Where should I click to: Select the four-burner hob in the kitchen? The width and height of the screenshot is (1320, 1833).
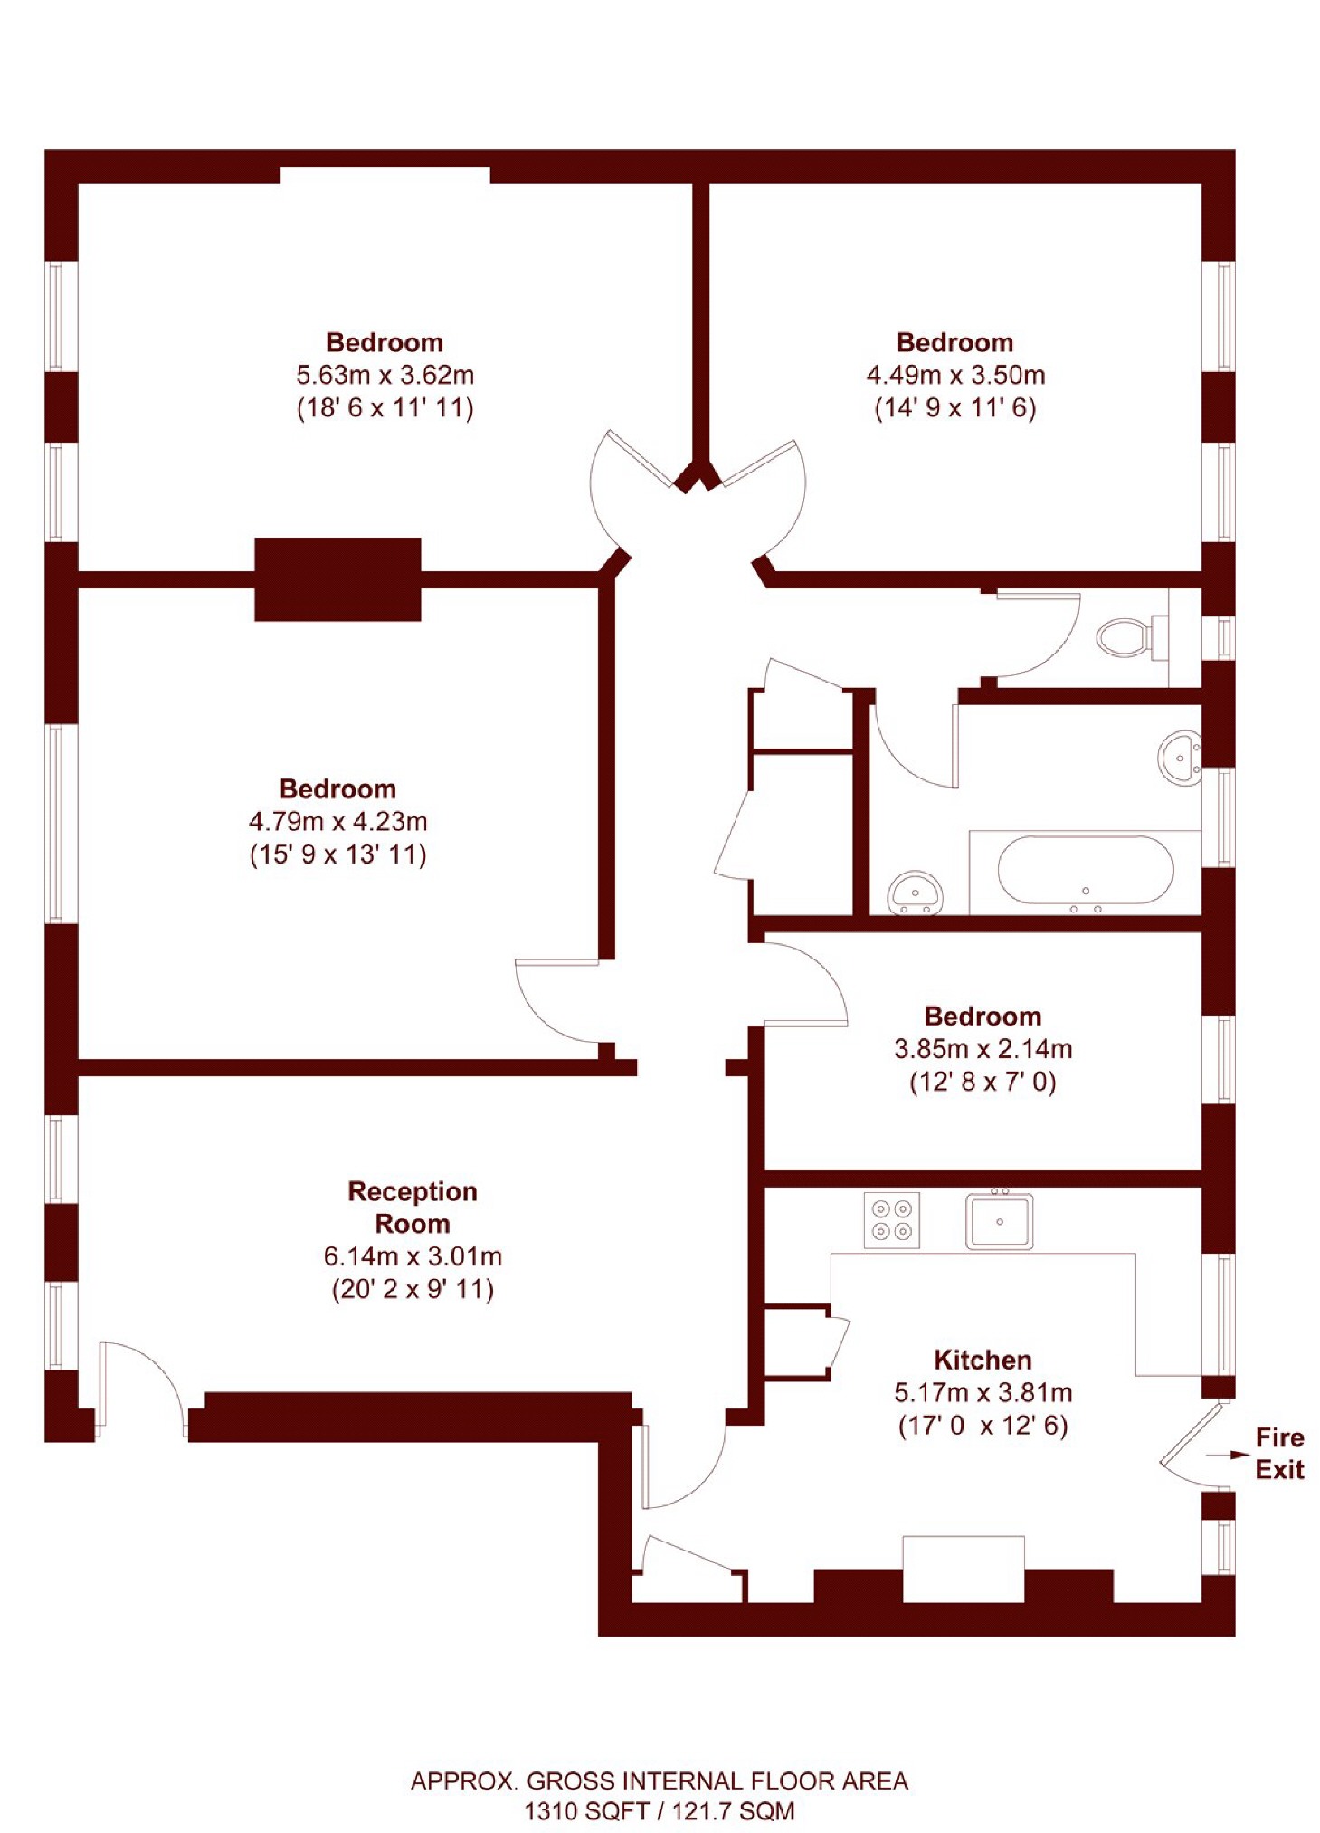pos(891,1220)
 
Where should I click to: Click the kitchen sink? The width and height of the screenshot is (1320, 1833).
pos(999,1221)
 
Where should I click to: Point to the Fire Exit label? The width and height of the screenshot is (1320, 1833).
pos(1279,1453)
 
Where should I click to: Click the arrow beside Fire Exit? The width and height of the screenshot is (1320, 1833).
pos(1227,1455)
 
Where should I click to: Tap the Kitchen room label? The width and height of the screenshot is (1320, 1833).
pos(982,1360)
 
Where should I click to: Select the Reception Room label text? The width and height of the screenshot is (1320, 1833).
pos(412,1207)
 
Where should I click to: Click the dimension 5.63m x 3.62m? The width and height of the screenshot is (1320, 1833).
pos(385,375)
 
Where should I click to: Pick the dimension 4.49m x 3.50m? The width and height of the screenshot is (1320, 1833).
pos(955,375)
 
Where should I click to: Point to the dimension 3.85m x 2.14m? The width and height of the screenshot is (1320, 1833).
pos(983,1049)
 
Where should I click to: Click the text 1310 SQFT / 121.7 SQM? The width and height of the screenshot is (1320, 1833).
pos(659,1810)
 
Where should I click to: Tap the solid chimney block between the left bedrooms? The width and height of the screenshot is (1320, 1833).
pos(337,579)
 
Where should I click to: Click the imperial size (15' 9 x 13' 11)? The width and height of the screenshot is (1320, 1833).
pos(337,854)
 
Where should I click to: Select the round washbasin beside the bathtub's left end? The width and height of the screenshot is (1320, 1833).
pos(915,892)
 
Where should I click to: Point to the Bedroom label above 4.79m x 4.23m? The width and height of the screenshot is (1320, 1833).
pos(337,788)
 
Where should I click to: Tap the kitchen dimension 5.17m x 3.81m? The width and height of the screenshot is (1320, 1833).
pos(983,1392)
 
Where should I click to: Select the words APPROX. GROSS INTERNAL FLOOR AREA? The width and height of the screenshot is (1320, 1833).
pos(659,1780)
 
